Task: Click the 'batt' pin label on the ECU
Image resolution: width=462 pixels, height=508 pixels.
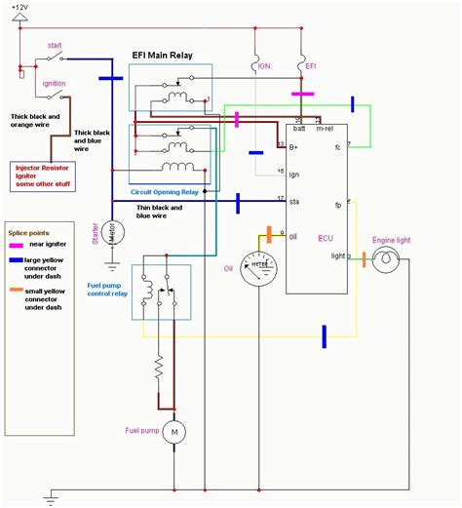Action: pyautogui.click(x=298, y=128)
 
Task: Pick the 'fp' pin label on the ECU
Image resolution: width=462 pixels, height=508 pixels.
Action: pyautogui.click(x=338, y=205)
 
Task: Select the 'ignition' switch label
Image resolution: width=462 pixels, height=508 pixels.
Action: pyautogui.click(x=55, y=84)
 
